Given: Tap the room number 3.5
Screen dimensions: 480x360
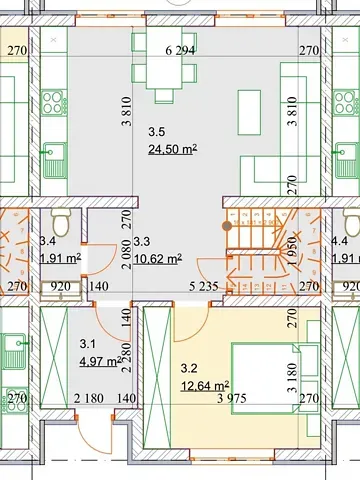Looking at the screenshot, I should (157, 132).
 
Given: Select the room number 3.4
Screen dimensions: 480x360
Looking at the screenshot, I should (47, 240).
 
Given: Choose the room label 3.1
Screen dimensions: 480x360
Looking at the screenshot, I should (87, 345).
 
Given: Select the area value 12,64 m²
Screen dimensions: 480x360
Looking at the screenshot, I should (204, 384).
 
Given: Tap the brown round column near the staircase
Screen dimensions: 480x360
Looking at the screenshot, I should (226, 226).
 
